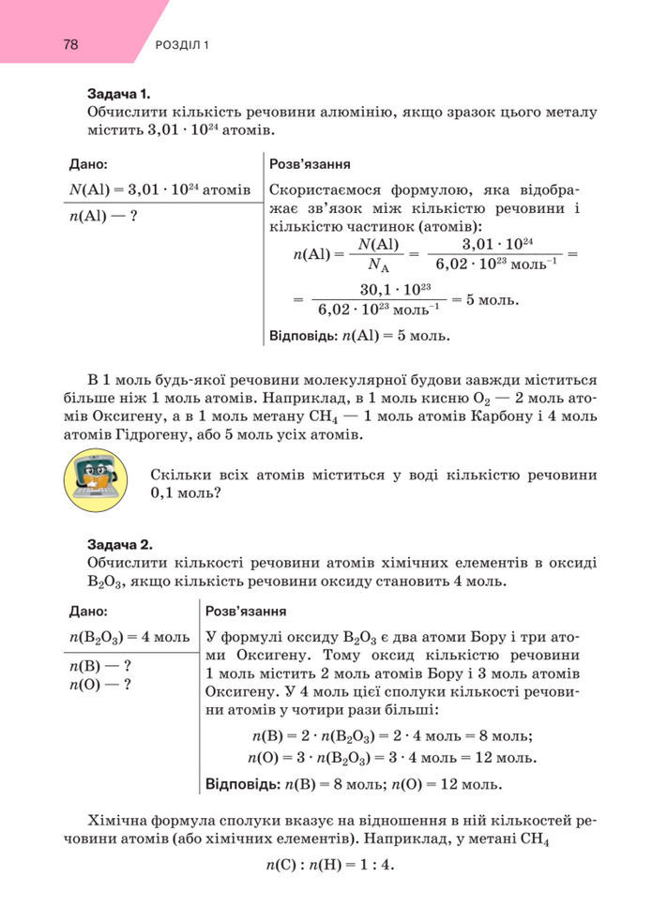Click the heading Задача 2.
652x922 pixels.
click(x=119, y=544)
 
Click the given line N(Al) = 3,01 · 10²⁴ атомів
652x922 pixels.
click(x=159, y=189)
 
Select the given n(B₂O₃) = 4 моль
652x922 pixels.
click(x=129, y=638)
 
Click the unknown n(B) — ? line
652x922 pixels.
click(x=99, y=667)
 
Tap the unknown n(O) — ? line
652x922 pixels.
click(x=99, y=684)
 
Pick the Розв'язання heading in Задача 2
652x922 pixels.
click(x=245, y=612)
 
